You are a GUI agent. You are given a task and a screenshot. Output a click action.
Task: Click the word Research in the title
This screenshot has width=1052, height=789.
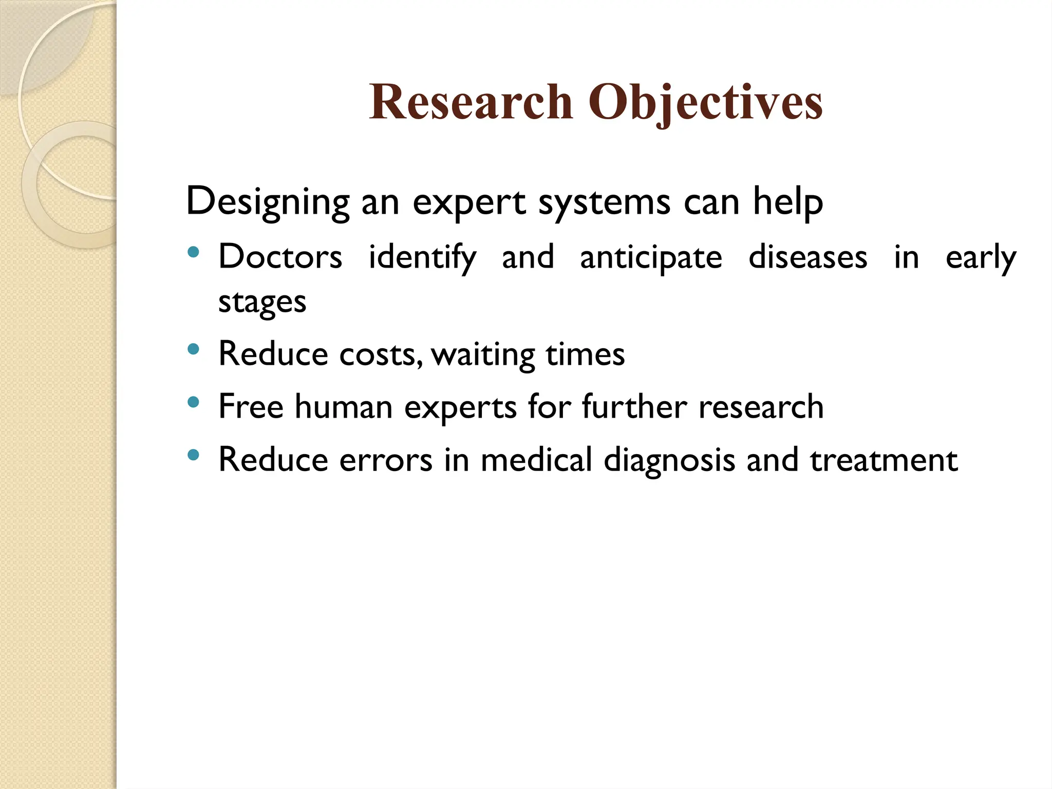470,102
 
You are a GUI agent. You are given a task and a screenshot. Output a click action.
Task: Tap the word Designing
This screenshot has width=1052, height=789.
267,202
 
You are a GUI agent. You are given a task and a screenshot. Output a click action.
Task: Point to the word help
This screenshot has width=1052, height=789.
788,202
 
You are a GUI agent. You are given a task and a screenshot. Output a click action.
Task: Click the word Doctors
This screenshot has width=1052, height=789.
280,257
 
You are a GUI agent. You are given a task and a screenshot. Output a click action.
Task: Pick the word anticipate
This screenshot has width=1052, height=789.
651,257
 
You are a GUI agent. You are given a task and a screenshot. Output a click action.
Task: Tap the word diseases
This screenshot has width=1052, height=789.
807,257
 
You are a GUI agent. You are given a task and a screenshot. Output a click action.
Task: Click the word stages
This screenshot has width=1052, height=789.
262,302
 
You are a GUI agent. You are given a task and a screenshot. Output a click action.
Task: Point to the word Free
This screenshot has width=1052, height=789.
251,407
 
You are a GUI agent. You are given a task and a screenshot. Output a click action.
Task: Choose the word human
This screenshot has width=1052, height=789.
344,407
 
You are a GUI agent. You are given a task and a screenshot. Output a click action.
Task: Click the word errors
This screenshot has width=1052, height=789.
386,460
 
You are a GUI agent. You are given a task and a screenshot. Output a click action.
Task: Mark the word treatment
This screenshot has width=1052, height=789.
884,460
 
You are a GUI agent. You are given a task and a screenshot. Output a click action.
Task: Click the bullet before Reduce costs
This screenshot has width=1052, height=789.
193,350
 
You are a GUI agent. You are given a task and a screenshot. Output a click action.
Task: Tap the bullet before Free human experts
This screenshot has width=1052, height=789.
193,402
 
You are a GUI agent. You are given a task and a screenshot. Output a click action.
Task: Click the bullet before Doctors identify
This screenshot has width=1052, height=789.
193,252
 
